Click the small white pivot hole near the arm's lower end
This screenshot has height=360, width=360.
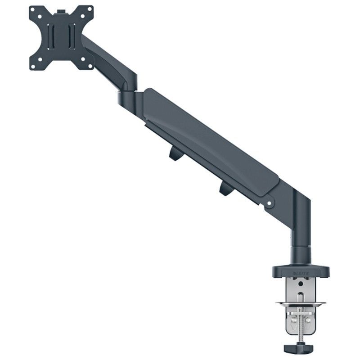pyautogui.click(x=270, y=203)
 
